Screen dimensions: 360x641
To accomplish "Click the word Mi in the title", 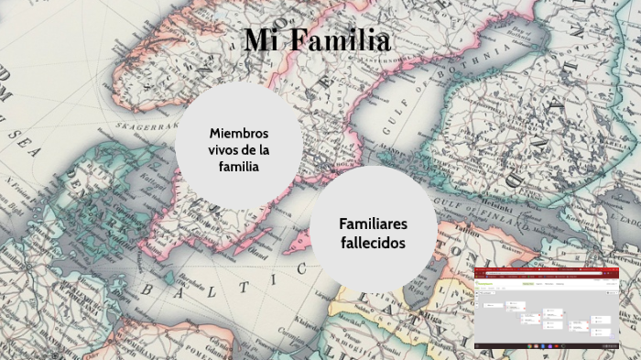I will [260, 40].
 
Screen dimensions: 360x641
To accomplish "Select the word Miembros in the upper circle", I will [239, 134].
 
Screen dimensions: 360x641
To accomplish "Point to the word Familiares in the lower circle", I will [373, 224].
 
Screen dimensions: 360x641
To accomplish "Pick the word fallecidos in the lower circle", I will [373, 243].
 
